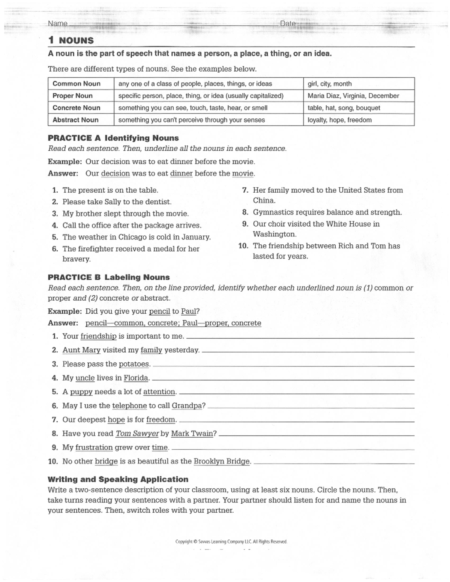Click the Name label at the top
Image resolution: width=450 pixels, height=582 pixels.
click(x=57, y=23)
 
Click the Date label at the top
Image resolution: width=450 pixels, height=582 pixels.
click(x=288, y=23)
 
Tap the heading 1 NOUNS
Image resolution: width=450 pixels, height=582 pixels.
click(x=71, y=40)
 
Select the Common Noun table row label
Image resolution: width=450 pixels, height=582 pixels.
click(x=76, y=84)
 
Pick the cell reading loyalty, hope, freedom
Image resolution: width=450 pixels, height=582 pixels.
click(x=339, y=120)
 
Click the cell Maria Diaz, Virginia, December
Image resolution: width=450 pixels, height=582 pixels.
click(x=353, y=96)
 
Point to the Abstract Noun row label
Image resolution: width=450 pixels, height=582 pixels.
click(x=75, y=120)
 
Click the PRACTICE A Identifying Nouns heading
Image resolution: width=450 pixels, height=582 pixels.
click(x=113, y=138)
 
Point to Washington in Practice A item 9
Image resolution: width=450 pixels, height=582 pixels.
click(x=274, y=234)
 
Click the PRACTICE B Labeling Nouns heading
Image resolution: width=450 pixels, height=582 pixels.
click(x=109, y=277)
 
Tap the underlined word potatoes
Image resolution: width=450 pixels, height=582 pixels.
click(x=134, y=364)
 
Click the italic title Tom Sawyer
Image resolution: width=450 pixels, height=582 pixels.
click(x=137, y=434)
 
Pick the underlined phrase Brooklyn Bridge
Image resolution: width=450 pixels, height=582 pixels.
click(x=222, y=461)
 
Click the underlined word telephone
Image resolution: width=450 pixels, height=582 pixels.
click(x=129, y=405)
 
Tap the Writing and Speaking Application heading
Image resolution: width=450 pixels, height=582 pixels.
click(x=118, y=479)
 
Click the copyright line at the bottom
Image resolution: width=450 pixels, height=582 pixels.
click(x=231, y=542)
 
